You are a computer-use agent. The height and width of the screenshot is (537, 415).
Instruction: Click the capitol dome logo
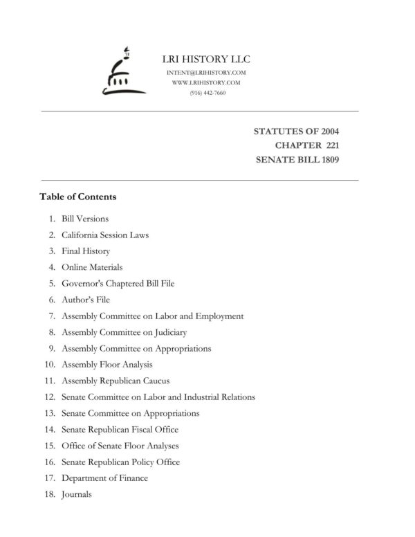123,72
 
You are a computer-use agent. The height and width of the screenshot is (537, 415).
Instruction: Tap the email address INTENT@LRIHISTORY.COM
207,73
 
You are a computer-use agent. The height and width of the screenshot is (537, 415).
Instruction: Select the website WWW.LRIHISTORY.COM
207,83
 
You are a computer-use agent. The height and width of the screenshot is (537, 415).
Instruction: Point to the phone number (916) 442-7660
207,93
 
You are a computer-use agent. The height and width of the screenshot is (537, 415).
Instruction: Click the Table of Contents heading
78,197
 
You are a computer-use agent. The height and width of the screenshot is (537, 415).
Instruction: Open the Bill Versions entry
85,219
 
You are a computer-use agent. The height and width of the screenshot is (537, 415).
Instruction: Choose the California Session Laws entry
105,235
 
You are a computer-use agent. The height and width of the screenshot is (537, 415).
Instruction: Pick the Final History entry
86,251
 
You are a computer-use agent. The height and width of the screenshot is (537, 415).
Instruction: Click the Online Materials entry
92,267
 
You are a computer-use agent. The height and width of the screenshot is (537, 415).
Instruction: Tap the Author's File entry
86,300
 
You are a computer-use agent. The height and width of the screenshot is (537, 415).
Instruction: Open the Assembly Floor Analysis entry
107,365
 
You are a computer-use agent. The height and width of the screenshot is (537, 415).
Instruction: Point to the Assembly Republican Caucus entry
116,381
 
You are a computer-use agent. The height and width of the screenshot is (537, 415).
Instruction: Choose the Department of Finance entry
104,478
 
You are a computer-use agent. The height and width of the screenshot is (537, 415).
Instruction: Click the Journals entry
76,494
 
